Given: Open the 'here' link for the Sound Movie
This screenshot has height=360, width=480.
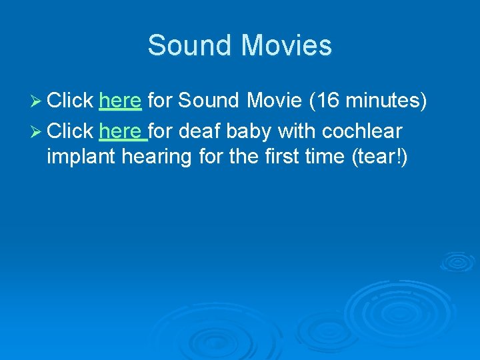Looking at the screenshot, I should pos(120,101).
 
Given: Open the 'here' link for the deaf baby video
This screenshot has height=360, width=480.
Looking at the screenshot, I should pos(122,131).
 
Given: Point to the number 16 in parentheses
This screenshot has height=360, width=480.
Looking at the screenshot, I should pos(326,101).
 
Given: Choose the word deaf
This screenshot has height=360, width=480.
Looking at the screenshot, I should pos(201,131).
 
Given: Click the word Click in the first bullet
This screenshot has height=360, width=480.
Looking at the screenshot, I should pos(70,101).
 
